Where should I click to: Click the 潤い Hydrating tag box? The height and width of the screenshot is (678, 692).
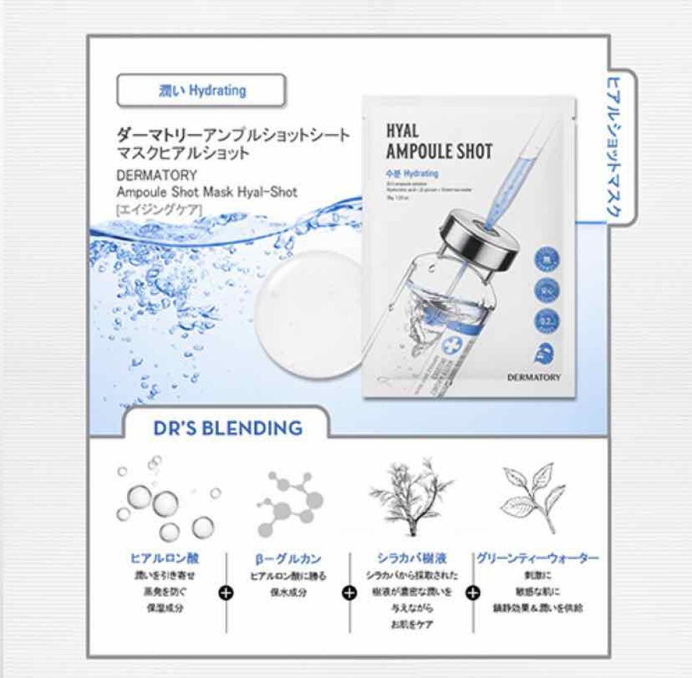coord(201,91)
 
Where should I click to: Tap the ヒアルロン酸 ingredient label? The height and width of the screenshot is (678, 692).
coord(164,558)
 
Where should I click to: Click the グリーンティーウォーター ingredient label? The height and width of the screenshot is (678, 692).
coord(537,558)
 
